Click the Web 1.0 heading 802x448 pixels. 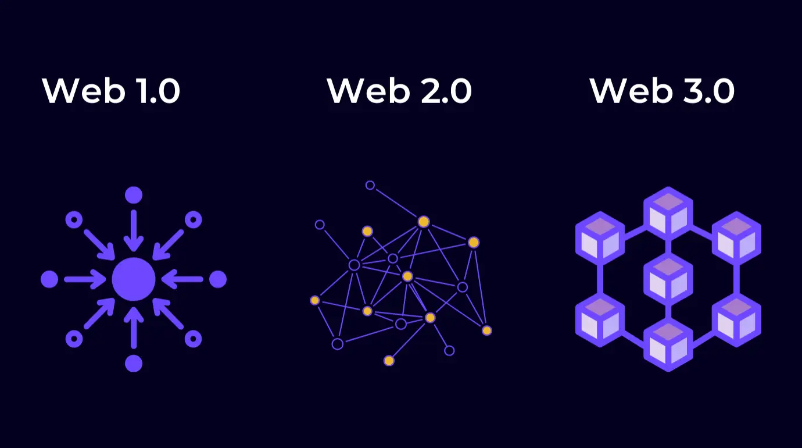tap(111, 91)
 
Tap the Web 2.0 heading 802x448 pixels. tap(399, 91)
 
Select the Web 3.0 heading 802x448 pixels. tap(662, 91)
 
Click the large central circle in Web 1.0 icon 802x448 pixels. tap(134, 279)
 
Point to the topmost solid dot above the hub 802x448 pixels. tap(134, 195)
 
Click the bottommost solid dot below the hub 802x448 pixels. tap(134, 364)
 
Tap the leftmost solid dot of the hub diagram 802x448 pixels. tap(49, 279)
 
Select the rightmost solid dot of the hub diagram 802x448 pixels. tap(218, 279)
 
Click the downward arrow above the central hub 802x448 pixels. tap(134, 231)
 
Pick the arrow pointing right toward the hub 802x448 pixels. tap(85, 279)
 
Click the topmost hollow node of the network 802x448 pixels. tap(370, 185)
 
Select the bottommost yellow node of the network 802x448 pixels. tap(389, 360)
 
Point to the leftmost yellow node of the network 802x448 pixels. tap(315, 300)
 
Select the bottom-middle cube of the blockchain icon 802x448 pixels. tap(668, 345)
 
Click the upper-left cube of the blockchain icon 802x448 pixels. tap(600, 239)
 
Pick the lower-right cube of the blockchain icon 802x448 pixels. tap(736, 320)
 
